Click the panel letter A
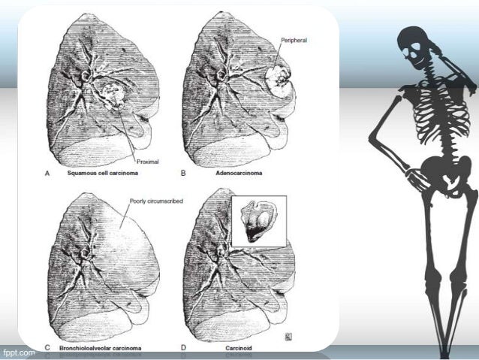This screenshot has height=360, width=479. click(47, 172)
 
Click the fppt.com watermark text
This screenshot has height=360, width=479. click(18, 351)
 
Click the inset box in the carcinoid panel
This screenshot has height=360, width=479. click(258, 221)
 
